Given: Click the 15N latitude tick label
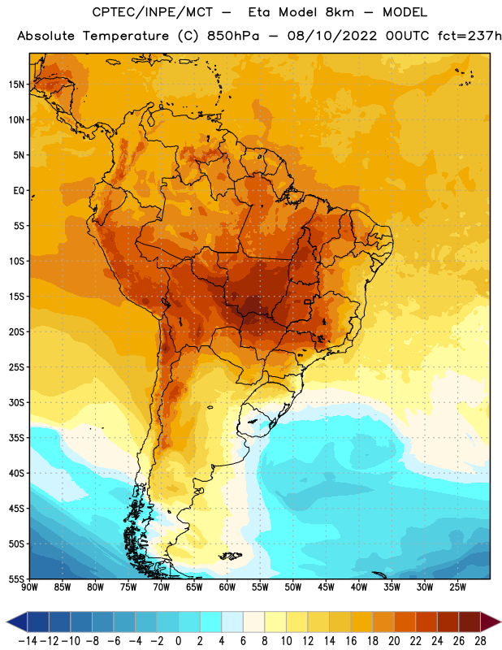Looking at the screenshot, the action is coord(16,84).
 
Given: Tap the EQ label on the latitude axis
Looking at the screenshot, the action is coord(19,191).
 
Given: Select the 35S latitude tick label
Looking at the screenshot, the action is coord(16,438).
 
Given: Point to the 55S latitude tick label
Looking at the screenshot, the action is coord(16,579).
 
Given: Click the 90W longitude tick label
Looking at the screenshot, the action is coord(30,587).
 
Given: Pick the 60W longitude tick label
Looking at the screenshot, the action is coord(227,587).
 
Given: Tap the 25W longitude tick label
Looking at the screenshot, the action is coord(457,587).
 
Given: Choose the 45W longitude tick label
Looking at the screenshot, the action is coord(327,587).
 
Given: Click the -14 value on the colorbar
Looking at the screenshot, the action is coord(28,641).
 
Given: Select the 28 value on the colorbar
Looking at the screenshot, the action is coord(480,641).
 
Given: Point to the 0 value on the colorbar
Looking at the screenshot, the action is coord(178,641).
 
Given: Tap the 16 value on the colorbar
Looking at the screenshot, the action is coord(351,641).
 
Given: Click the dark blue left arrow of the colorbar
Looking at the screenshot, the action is coord(17,622).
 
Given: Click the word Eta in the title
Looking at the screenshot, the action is coord(259,12).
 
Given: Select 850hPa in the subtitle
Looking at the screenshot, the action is coord(233,36).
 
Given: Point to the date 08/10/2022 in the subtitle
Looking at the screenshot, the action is coord(332,36).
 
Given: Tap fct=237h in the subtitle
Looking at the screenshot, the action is coord(470,36).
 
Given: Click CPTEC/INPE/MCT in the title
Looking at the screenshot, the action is coord(153,12).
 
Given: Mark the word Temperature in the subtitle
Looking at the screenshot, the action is coord(126,37).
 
